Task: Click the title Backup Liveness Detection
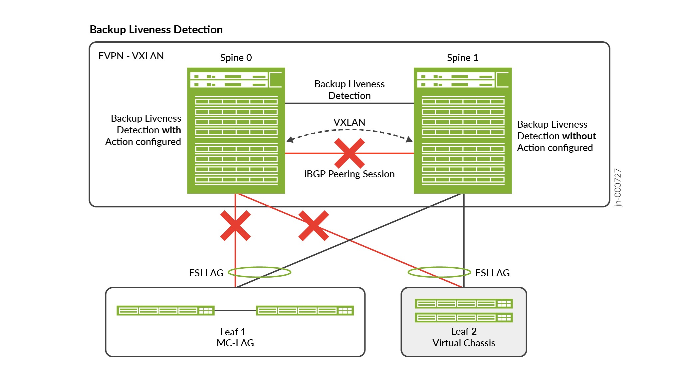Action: point(156,30)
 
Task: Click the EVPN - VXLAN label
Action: point(131,56)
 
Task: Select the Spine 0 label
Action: point(236,58)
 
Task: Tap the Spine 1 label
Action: point(462,58)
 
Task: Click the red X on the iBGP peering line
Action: point(349,153)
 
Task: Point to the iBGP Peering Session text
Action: point(349,174)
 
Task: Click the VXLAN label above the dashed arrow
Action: point(349,122)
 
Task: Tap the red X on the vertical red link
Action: point(235,226)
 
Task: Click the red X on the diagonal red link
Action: point(314,226)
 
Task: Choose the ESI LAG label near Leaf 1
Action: point(206,273)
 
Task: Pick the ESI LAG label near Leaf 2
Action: point(492,273)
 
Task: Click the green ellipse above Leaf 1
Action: point(260,272)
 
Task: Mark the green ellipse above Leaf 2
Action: point(439,272)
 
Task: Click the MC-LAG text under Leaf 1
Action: point(235,343)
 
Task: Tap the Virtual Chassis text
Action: point(464,343)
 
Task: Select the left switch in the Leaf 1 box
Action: point(165,311)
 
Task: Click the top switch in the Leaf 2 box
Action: point(464,303)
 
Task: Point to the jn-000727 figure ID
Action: point(618,188)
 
